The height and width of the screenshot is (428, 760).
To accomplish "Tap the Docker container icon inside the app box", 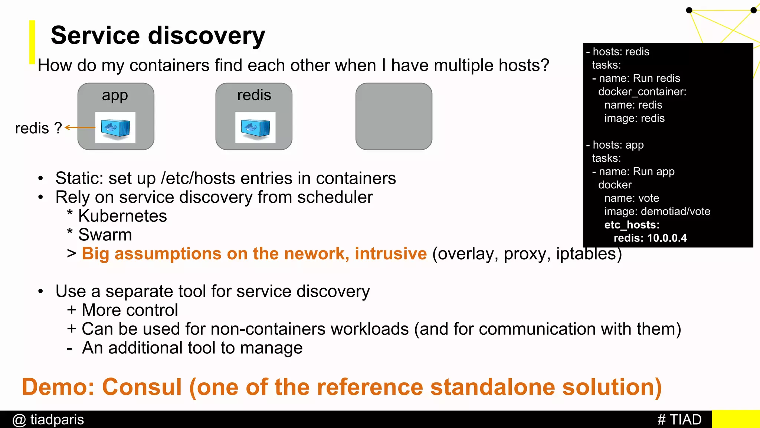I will pyautogui.click(x=115, y=128).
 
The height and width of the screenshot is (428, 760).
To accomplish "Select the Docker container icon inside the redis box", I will pyautogui.click(x=255, y=128).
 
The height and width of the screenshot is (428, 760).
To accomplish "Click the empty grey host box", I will pyautogui.click(x=394, y=116).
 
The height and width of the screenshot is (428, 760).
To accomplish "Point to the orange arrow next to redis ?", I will pyautogui.click(x=80, y=127).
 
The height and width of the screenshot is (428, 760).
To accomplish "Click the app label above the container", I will pyautogui.click(x=115, y=95).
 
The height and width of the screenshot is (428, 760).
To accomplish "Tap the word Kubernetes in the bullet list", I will pyautogui.click(x=122, y=216).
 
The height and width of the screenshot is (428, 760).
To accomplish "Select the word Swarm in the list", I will pyautogui.click(x=105, y=235).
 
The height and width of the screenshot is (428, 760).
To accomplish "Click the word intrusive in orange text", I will pyautogui.click(x=390, y=254).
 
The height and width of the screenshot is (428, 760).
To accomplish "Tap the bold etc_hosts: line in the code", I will pyautogui.click(x=632, y=225).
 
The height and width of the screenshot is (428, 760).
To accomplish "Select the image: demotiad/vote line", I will pyautogui.click(x=657, y=211).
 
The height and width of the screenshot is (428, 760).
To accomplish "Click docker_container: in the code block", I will pyautogui.click(x=642, y=92).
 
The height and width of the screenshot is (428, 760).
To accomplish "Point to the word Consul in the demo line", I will pyautogui.click(x=142, y=387).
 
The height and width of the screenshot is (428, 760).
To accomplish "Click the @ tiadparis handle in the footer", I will pyautogui.click(x=48, y=419).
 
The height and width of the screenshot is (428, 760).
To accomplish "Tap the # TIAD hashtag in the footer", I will pyautogui.click(x=679, y=419).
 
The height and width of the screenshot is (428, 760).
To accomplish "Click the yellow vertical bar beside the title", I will pyautogui.click(x=32, y=42).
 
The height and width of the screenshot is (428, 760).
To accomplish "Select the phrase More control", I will pyautogui.click(x=130, y=310).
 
